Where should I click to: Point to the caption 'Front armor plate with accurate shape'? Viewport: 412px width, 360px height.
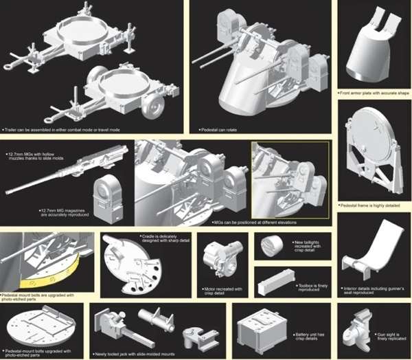pos(374,91)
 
